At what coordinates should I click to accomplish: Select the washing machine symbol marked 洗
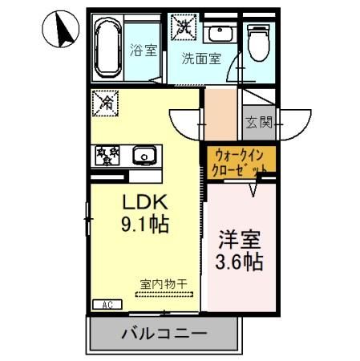184,26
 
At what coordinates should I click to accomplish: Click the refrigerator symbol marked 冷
105,102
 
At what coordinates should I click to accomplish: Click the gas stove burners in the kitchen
106,153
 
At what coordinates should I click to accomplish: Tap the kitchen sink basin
145,154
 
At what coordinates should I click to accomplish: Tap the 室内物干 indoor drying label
163,283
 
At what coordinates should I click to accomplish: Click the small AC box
107,304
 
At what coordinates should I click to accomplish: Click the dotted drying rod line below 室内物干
163,294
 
